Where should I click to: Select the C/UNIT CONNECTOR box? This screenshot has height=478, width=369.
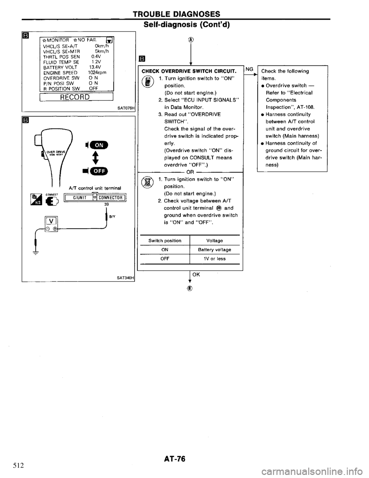click(96, 198)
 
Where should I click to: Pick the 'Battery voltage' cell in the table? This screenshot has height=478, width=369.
click(214, 249)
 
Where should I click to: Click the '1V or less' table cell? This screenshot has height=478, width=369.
click(214, 259)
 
